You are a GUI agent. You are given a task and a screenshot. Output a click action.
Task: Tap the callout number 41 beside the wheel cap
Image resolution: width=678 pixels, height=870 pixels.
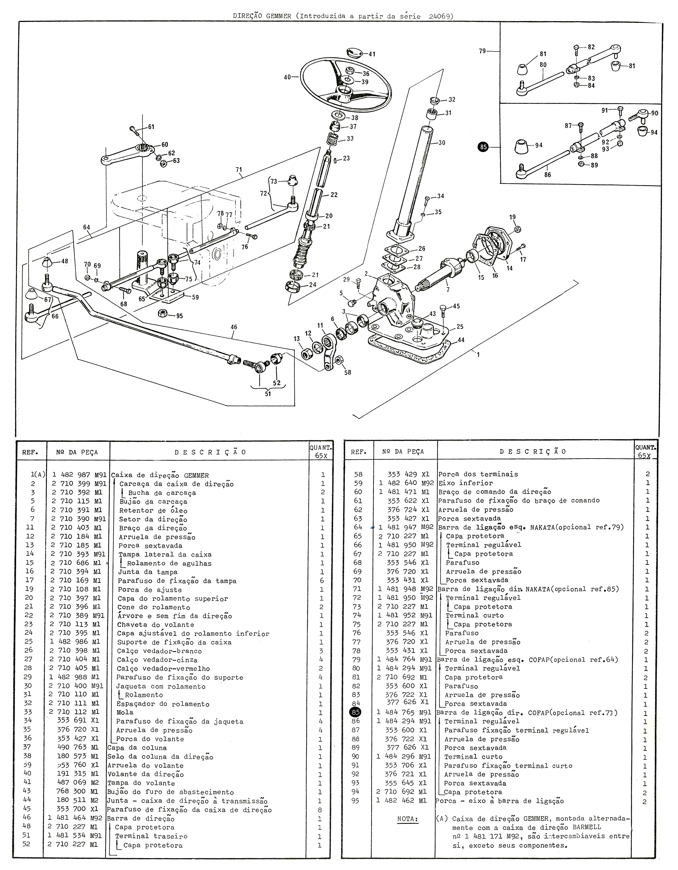coord(372,54)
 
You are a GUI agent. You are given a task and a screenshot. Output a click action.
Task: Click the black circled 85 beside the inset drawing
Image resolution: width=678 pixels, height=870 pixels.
coord(483,147)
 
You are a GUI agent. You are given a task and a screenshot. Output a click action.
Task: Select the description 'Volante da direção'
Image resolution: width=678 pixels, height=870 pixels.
coord(146,774)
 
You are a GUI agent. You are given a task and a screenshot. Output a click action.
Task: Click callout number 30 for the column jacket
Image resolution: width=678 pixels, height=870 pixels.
coord(442,143)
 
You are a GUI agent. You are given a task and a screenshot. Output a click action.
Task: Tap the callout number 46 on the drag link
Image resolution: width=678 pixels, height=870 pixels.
coord(234,327)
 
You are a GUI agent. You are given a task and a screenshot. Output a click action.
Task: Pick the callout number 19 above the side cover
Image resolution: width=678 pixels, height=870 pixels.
coord(512,217)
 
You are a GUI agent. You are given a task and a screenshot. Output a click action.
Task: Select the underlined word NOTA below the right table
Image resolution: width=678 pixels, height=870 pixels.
coord(408,819)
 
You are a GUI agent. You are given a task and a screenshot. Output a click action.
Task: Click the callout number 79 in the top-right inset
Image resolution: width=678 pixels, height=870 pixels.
coord(482,51)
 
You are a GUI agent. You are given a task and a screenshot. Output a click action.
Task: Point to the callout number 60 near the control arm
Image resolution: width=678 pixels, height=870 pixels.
coord(164,145)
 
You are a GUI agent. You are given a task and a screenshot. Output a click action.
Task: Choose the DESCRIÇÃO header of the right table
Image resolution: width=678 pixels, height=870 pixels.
coord(533,452)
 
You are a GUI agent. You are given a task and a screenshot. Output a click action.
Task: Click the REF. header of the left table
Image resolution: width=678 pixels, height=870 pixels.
coord(30,453)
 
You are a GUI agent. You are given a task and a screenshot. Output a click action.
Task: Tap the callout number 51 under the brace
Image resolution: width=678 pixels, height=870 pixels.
coord(268,394)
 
